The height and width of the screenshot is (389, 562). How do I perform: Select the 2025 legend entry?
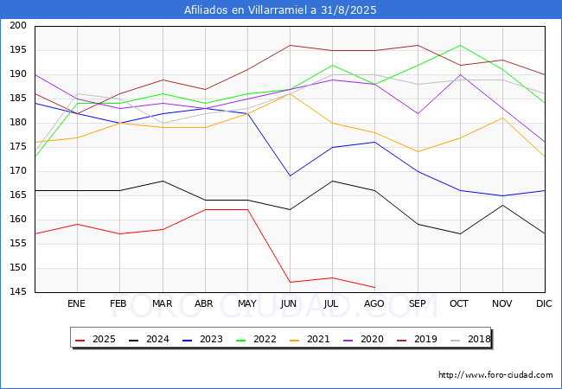point(96,339)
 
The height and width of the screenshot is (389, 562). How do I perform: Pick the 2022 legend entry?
point(256,339)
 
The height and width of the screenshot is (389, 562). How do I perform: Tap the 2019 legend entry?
point(418,339)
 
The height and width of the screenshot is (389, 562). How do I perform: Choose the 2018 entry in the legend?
point(470,339)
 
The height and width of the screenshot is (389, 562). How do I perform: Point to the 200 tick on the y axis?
point(18,25)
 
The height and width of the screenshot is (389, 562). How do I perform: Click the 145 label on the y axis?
point(18,292)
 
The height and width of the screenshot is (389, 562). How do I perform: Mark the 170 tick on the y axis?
point(18,171)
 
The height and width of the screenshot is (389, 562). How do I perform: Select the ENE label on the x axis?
point(76,303)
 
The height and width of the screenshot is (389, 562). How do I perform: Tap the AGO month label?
point(374,303)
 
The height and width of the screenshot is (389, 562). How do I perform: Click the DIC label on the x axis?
point(544,303)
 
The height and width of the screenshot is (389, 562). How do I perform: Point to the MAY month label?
point(247,303)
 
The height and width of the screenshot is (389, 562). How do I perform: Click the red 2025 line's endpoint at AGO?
point(375,287)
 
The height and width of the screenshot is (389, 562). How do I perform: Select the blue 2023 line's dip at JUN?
point(290,175)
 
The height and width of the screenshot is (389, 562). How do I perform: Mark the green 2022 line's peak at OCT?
point(460,46)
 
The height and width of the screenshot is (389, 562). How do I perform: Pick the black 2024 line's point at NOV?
point(502,205)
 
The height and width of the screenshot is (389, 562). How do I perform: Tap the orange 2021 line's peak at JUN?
point(290,94)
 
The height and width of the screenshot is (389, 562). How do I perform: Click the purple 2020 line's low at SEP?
point(418,113)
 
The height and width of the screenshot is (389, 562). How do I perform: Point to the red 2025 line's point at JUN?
point(290,283)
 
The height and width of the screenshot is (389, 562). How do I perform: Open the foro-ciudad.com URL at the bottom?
point(495,375)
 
